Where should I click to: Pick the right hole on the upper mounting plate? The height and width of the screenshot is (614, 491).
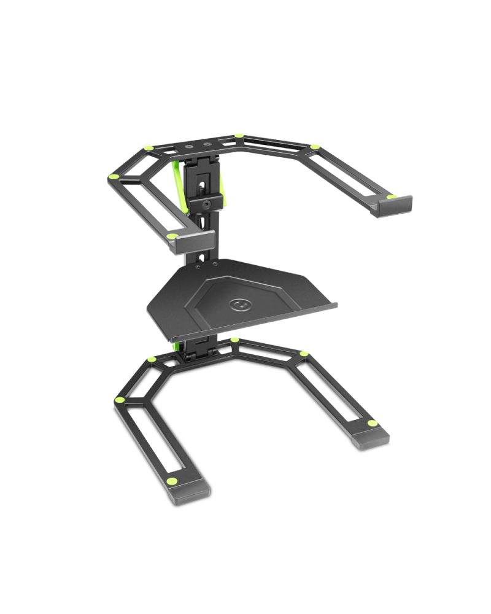point(209,145)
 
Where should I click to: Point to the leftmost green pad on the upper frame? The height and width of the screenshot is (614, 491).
point(112,177)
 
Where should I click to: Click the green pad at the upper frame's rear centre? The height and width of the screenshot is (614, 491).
point(238,136)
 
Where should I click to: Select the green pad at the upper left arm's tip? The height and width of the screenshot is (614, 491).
point(172,236)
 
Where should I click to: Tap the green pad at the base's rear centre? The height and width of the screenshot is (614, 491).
point(234,340)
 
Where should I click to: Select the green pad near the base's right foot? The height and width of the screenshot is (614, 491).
point(371,423)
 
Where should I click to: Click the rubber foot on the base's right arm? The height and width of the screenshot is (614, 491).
point(371,437)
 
